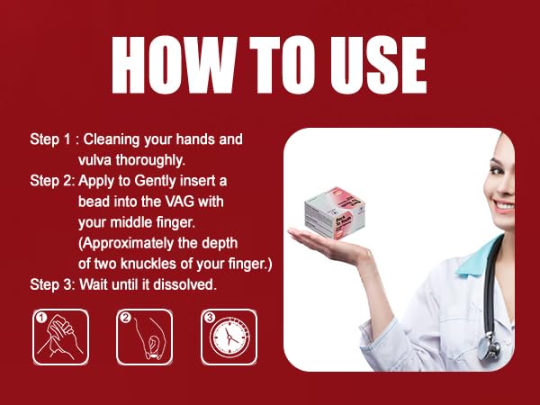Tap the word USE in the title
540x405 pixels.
click(x=378, y=65)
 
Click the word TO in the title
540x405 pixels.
click(x=283, y=65)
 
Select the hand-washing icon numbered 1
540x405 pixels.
click(x=60, y=337)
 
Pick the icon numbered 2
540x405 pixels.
click(x=144, y=337)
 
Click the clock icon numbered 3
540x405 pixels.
click(x=229, y=337)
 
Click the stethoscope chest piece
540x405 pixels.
click(x=489, y=346)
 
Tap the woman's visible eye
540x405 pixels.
click(x=496, y=170)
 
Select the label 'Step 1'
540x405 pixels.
click(x=49, y=139)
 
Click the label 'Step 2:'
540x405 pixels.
click(x=52, y=181)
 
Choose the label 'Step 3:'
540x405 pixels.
click(x=52, y=284)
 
